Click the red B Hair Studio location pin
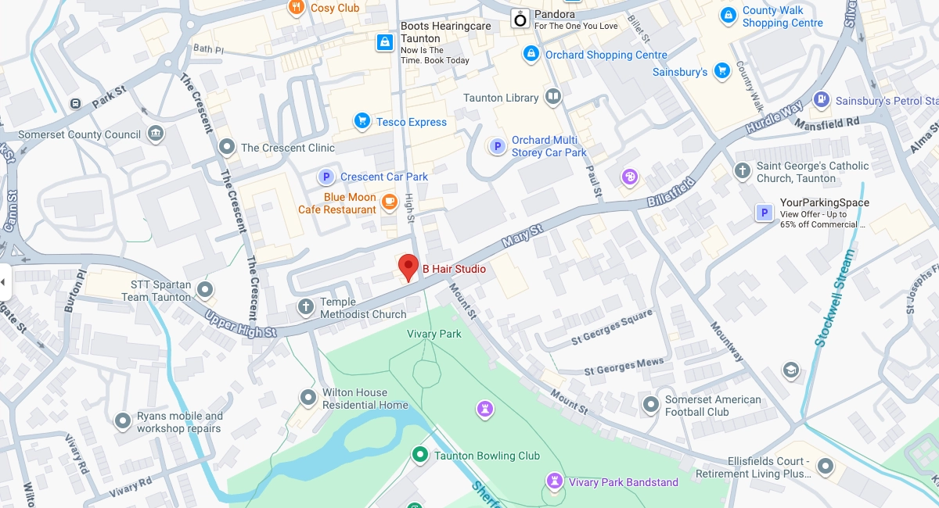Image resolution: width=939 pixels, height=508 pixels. click(x=408, y=266)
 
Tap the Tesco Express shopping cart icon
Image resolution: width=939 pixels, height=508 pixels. click(x=362, y=121)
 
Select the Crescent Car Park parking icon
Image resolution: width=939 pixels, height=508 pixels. click(x=326, y=177)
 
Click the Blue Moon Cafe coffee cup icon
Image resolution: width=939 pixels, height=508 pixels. click(x=389, y=203)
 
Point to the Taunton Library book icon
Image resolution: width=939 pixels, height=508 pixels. click(x=553, y=97)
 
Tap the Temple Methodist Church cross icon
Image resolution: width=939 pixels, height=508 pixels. click(x=306, y=307)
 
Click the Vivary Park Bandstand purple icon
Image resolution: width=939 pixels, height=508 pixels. click(x=555, y=481)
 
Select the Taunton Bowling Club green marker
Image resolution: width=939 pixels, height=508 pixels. click(x=419, y=455)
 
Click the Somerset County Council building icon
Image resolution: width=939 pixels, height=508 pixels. click(x=156, y=134)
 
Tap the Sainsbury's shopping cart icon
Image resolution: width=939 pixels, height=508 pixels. click(x=721, y=71)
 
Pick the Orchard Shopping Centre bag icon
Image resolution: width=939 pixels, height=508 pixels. click(x=531, y=54)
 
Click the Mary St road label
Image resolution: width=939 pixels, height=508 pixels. click(x=522, y=237)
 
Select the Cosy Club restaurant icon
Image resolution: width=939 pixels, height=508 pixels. click(x=296, y=9)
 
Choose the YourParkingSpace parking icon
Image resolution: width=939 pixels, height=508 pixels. click(x=764, y=213)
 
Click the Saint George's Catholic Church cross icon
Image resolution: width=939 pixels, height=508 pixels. click(x=742, y=171)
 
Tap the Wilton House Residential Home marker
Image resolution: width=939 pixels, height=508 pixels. click(x=308, y=398)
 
